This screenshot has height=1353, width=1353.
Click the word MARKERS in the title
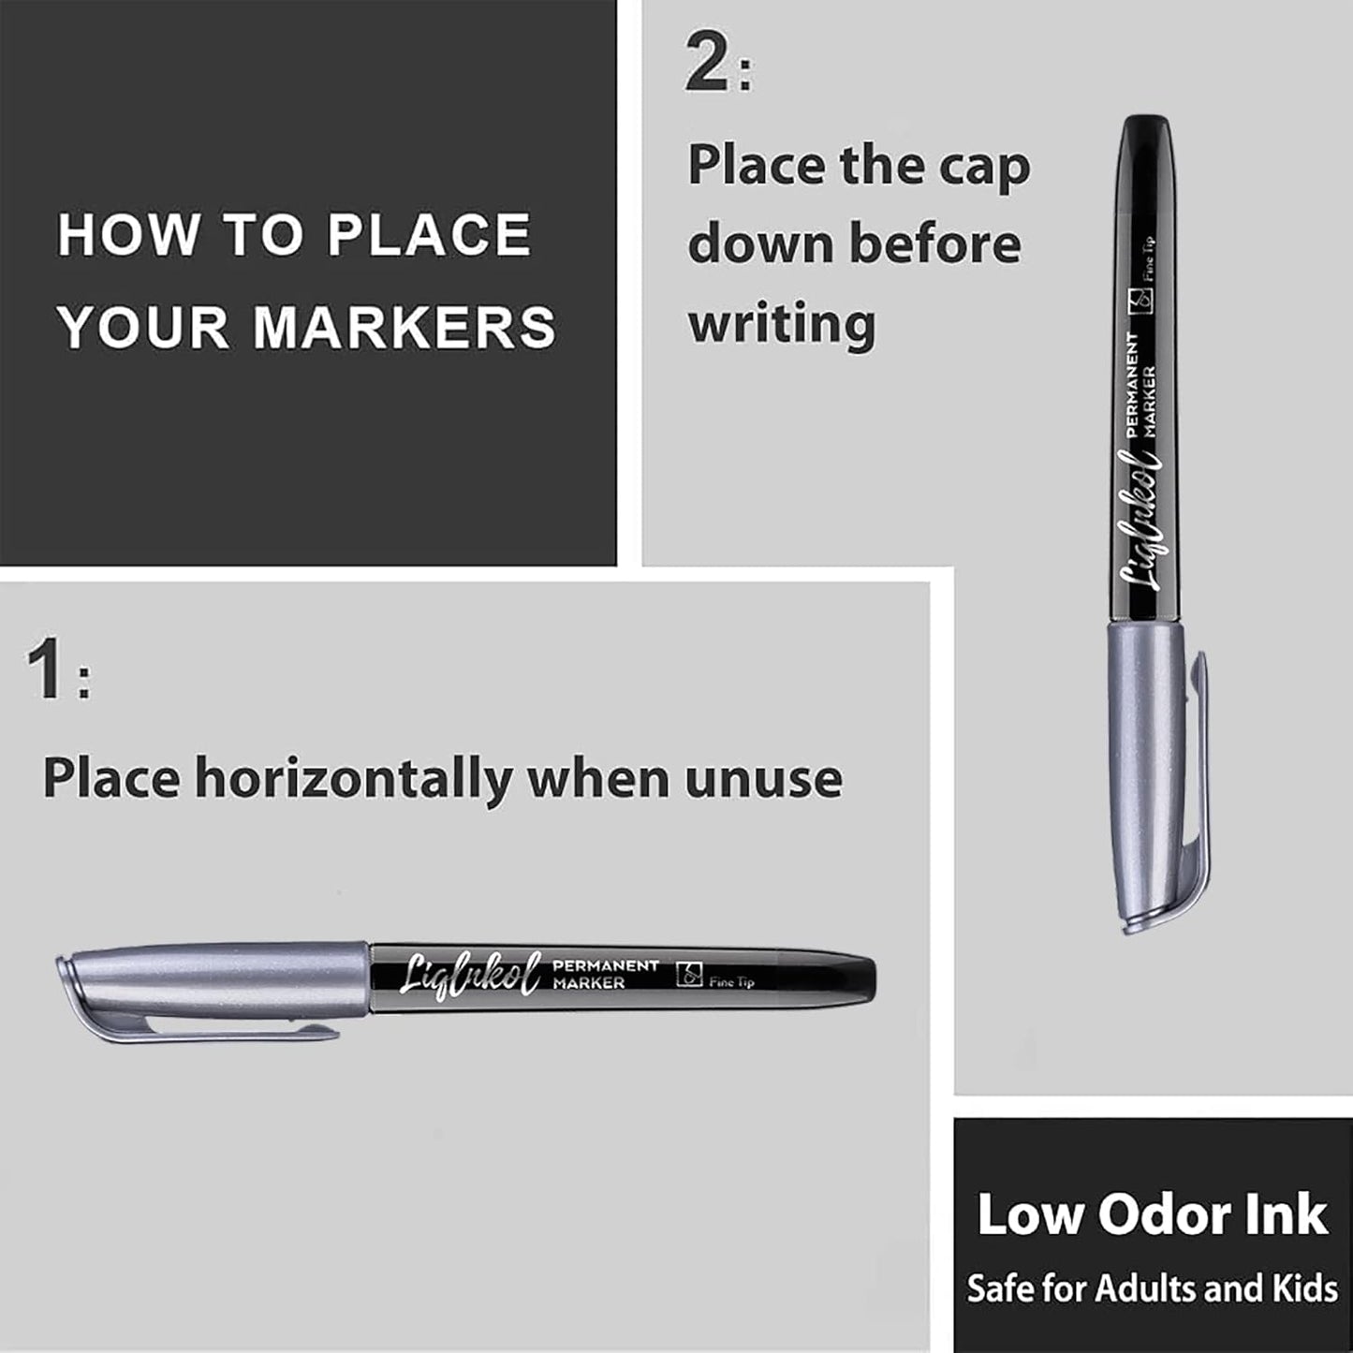[404, 327]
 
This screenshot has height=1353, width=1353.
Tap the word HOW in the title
[128, 234]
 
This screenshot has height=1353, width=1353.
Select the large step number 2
[709, 65]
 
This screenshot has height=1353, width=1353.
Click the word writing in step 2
[782, 324]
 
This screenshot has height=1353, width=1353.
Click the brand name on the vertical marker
[1147, 524]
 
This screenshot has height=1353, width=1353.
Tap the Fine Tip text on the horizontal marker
[731, 982]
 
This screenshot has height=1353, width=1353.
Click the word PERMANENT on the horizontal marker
[606, 965]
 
